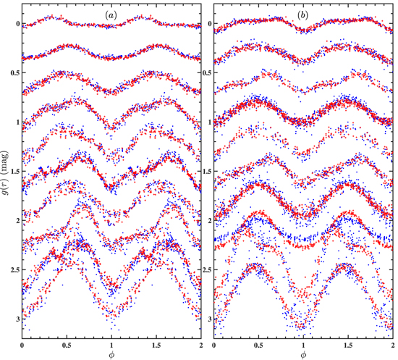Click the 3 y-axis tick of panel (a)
[17, 319]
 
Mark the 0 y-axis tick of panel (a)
[17, 24]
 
